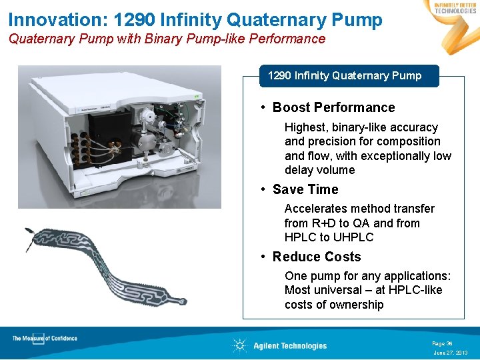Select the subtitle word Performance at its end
coord(288,39)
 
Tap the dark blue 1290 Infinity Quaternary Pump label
coord(345,76)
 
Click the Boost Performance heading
coord(333,107)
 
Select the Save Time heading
coord(305,189)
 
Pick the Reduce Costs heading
coord(316,257)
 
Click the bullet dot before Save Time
coord(265,190)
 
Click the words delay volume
coord(319,170)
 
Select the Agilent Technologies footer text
coord(290,345)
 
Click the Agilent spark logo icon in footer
coord(239,345)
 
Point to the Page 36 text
coord(442,343)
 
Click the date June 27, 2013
coord(451,352)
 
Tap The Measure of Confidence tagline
coord(45,339)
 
